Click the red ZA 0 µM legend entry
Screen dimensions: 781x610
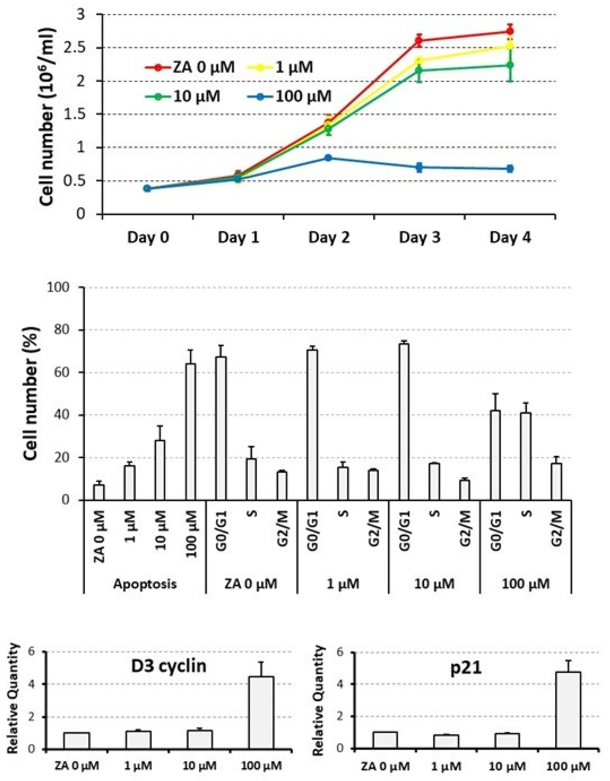(190, 67)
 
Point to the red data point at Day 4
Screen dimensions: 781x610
(510, 31)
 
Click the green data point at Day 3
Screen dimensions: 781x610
(419, 71)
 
